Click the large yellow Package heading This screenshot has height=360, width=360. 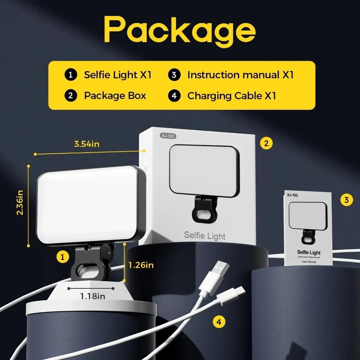180,31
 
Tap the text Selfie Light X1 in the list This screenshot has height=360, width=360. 118,75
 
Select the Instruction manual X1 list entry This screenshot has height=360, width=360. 240,75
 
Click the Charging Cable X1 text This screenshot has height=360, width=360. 231,96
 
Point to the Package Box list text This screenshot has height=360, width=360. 115,96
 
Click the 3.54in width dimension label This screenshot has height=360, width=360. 87,144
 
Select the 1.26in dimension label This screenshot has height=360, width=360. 141,265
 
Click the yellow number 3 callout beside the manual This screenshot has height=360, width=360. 346,200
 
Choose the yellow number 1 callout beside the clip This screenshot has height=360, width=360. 63,257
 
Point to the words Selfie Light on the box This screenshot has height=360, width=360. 204,236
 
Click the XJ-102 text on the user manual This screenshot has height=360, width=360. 293,195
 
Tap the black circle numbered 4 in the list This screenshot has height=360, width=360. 174,96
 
